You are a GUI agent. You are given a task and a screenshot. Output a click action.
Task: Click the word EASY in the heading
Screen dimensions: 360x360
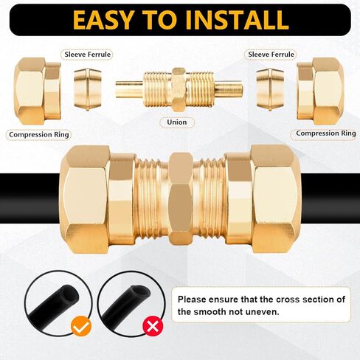click(100, 18)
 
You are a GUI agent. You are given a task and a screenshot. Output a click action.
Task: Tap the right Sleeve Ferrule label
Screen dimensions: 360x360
click(271, 54)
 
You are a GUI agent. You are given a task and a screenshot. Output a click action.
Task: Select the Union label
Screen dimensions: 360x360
click(177, 122)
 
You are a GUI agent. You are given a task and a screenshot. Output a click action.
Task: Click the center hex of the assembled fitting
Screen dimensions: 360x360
click(180, 199)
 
